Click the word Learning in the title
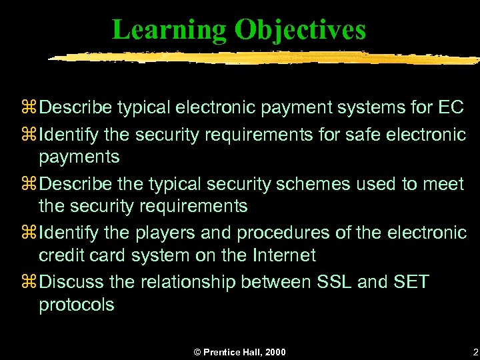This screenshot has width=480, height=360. [169, 30]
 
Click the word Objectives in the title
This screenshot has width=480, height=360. [300, 30]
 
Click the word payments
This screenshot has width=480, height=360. [79, 157]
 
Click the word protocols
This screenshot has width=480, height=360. [77, 305]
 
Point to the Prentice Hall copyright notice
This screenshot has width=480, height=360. [240, 351]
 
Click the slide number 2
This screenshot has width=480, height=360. [474, 351]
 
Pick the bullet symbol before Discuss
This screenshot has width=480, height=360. [31, 283]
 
